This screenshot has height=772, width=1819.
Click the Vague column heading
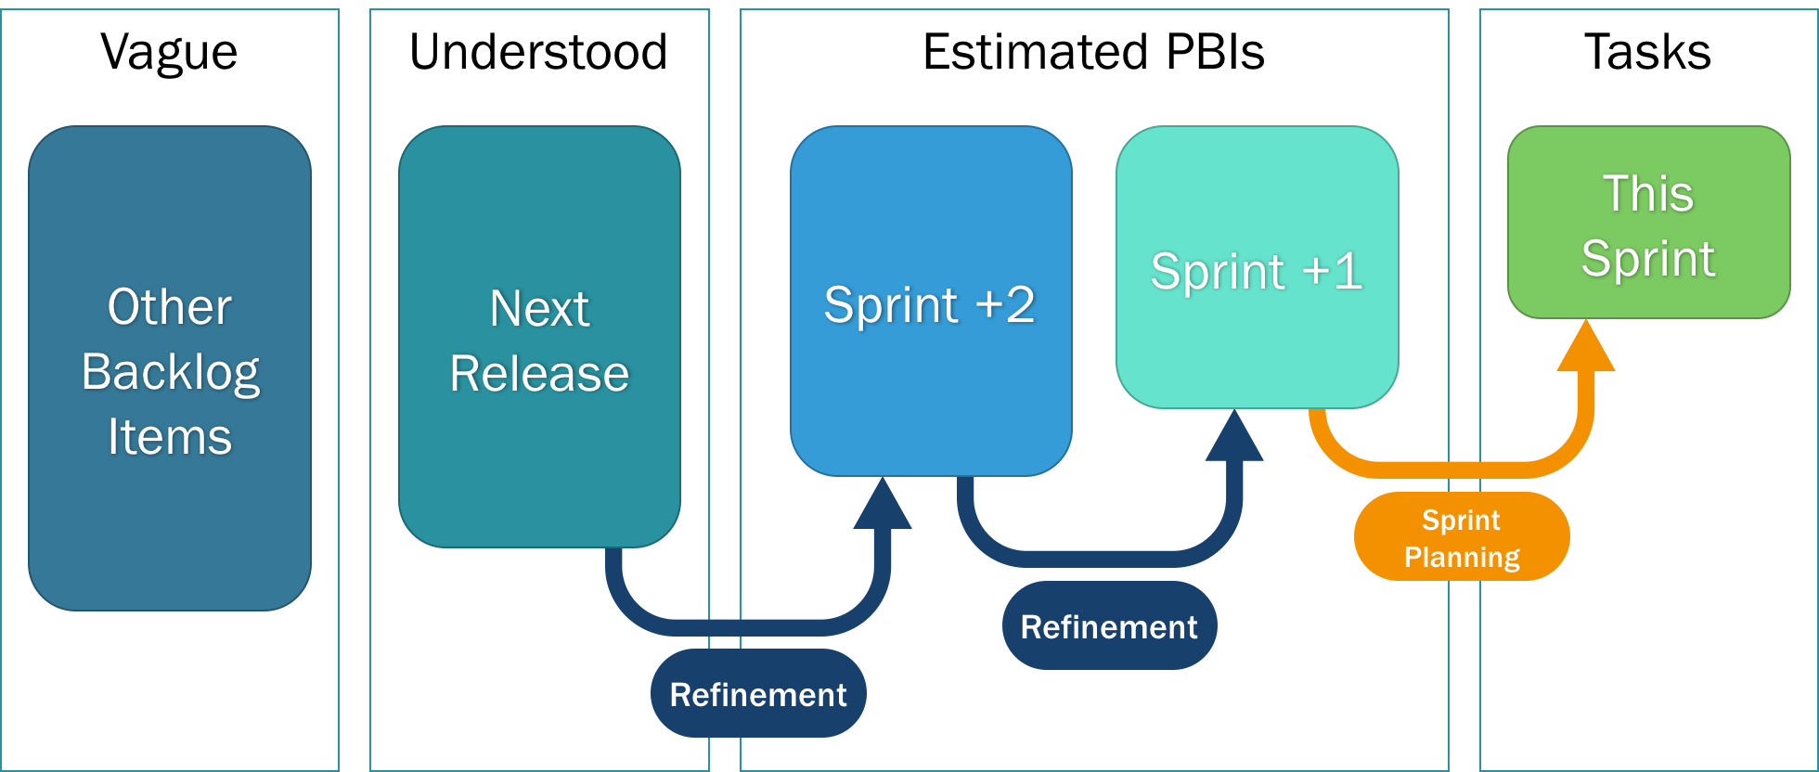(169, 52)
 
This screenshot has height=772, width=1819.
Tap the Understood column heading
(538, 52)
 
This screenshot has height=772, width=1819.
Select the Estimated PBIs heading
(1093, 52)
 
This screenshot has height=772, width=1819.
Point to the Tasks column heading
(1647, 52)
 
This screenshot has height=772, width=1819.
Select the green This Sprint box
(1648, 223)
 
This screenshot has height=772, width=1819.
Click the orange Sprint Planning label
(1462, 537)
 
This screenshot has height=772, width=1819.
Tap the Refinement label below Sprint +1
(1109, 626)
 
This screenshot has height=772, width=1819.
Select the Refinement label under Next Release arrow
(758, 694)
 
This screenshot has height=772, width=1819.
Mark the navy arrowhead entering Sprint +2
(882, 507)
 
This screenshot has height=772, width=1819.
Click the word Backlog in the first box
(170, 373)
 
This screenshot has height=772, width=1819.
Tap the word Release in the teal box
(539, 374)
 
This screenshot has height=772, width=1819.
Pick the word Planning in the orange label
(1462, 557)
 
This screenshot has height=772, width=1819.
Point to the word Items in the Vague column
(170, 437)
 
